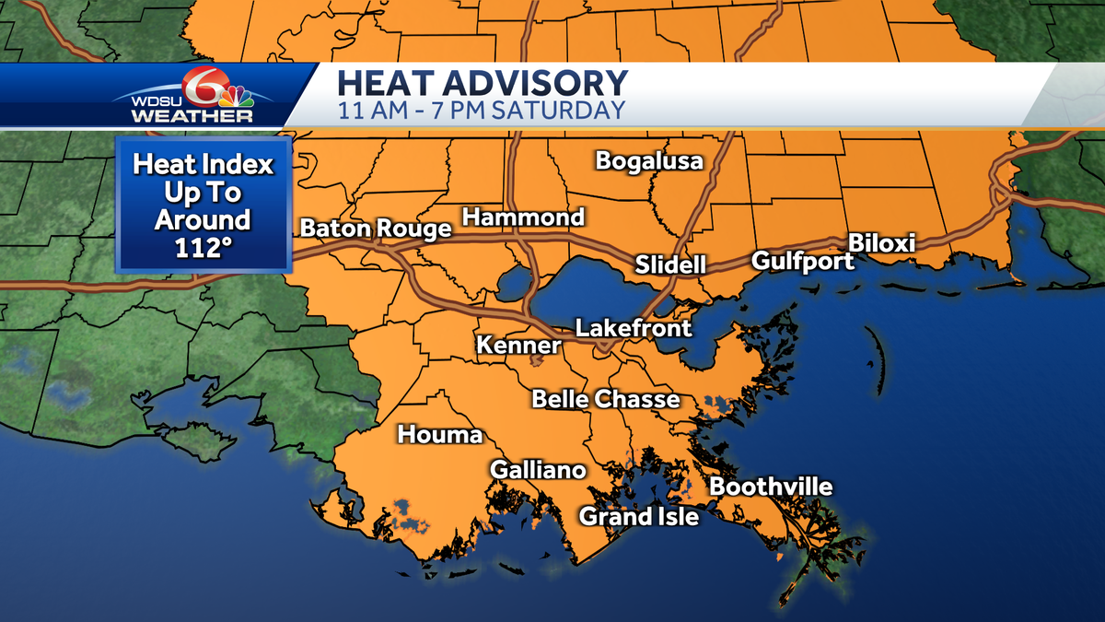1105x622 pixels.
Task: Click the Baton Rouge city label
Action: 376,229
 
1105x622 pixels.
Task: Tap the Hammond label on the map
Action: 523,217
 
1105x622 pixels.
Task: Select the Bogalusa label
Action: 649,161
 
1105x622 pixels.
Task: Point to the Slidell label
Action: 670,265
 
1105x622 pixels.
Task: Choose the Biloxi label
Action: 881,243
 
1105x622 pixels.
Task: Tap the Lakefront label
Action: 634,328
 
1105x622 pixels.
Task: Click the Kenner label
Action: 518,346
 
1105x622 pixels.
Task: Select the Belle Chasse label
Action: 606,399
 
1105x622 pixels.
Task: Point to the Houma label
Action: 440,435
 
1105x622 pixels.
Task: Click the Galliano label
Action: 538,470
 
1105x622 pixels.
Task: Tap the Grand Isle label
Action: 638,517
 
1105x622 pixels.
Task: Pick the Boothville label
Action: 772,487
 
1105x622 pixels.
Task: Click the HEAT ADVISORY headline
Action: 483,83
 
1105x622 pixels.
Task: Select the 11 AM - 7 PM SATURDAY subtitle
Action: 482,111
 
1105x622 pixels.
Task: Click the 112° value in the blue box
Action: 203,248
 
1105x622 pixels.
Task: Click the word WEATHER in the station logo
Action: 192,116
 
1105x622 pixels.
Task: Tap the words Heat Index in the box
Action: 203,165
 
